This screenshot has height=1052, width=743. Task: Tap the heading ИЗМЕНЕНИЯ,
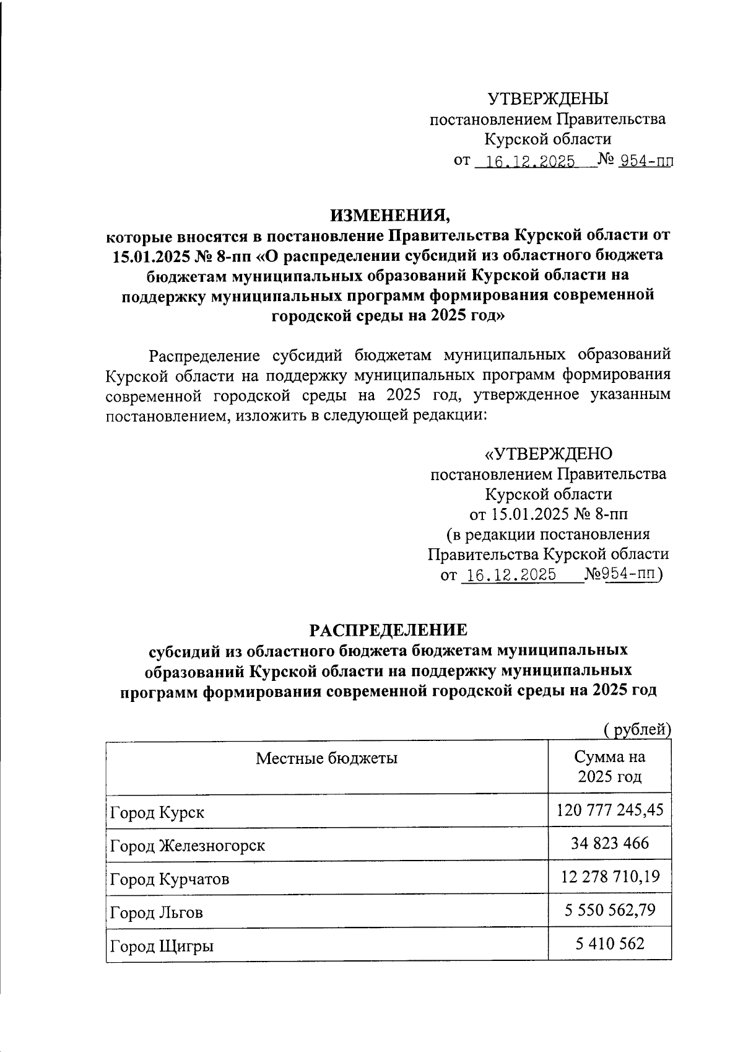coord(391,215)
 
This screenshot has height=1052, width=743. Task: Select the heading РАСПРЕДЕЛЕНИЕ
coord(388,630)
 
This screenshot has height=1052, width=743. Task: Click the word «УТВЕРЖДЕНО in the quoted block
coord(548,454)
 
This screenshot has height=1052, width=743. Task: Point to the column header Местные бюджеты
coord(326,758)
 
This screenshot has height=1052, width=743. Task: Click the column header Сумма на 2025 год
coord(610,767)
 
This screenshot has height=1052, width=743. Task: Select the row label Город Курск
coord(157,812)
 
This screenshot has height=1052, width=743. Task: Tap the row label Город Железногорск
coord(188,846)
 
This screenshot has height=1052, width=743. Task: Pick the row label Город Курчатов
coord(170,879)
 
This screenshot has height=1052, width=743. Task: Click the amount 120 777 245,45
coord(610,810)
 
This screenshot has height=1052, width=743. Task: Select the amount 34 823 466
coord(610,843)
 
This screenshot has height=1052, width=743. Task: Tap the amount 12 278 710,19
coord(610,877)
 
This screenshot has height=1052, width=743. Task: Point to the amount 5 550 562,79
coord(610,910)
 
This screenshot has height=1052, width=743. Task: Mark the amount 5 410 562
coord(610,944)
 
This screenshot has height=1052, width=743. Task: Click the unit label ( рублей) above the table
coord(637,730)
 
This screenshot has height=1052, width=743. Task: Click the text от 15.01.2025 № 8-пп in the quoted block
coord(548,514)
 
